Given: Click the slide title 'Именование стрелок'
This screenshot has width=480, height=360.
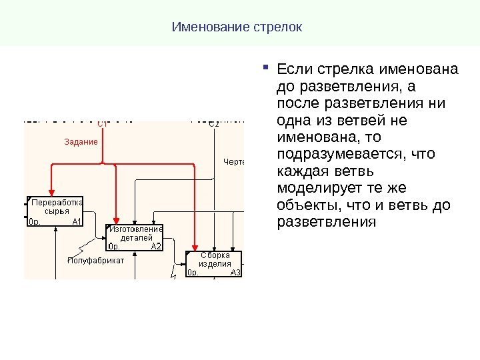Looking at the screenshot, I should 237,28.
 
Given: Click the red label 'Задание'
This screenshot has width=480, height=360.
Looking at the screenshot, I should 81,141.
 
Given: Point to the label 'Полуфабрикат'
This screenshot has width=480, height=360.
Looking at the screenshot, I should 96,261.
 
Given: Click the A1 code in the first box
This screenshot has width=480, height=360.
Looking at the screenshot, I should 77,222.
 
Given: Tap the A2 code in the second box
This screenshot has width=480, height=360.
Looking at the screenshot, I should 157,246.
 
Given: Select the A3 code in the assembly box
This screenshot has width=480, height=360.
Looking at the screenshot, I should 236,272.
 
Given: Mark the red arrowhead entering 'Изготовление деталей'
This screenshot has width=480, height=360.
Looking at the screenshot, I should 117,219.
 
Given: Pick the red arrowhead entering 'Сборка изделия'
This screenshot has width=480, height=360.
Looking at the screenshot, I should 195,245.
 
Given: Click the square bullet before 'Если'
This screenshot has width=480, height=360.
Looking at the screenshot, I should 266,66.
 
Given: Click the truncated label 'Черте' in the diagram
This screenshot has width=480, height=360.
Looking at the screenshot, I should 234,163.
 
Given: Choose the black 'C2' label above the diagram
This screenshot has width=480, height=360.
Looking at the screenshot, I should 213,123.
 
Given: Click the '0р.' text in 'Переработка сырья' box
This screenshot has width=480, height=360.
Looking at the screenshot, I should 35,222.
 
